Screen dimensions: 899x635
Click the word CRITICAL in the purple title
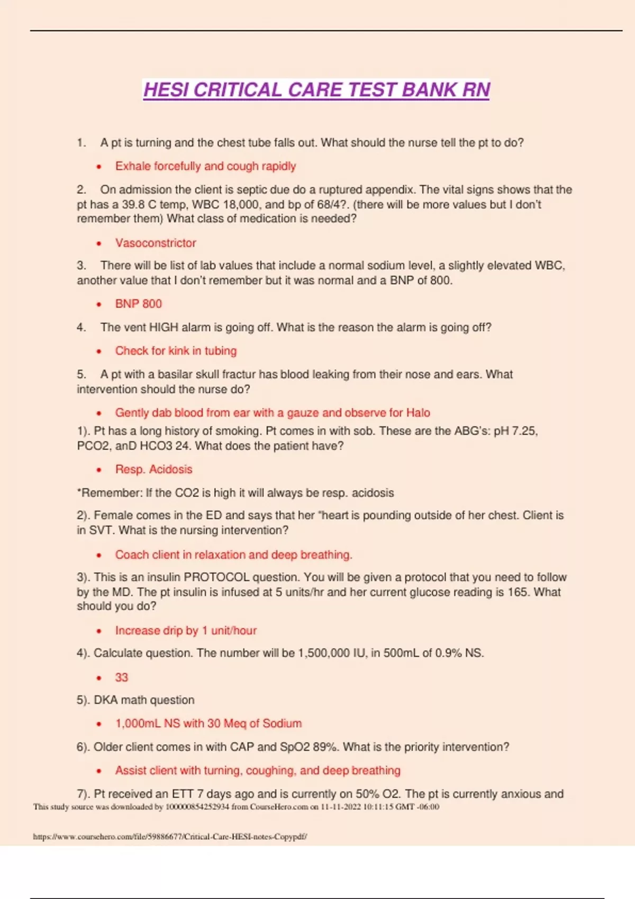(x=238, y=90)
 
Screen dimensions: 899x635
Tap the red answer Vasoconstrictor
(x=156, y=243)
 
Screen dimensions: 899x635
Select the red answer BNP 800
(x=139, y=304)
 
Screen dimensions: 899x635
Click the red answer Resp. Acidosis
(x=153, y=470)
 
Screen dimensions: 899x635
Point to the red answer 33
(x=122, y=677)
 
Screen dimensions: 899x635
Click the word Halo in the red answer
(x=418, y=413)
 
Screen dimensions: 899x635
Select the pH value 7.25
(x=524, y=431)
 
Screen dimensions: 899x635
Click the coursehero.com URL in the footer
(x=170, y=837)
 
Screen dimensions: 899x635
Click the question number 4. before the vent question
(x=81, y=328)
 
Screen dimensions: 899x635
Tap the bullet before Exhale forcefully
(x=99, y=167)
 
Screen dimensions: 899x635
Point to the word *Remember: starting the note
(x=110, y=493)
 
